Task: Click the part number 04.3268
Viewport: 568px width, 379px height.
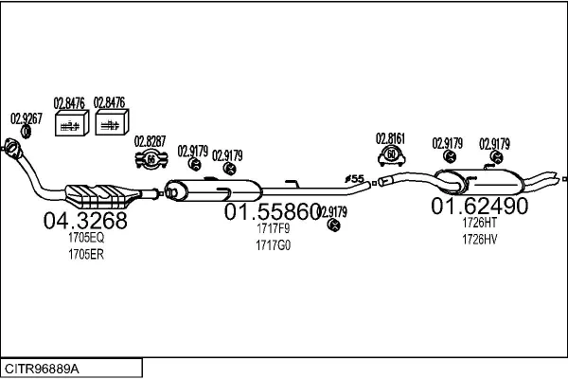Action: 85,222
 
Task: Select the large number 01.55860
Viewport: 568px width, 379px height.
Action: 273,212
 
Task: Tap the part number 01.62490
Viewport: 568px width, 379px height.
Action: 480,206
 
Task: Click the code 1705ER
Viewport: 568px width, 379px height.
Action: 85,254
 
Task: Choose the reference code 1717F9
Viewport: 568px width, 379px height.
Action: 273,228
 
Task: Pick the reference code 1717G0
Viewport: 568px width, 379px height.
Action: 273,245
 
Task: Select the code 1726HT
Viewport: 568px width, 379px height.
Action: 479,222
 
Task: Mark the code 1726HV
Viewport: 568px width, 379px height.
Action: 479,239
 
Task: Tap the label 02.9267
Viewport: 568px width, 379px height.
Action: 26,118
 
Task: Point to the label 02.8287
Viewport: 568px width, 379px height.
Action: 150,141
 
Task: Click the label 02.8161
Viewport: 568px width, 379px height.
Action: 390,137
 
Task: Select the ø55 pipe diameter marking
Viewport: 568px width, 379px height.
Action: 354,177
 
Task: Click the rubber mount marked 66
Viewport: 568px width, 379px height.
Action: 150,158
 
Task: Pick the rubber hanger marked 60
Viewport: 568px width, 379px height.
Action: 390,154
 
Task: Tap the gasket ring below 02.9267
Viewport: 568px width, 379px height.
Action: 26,131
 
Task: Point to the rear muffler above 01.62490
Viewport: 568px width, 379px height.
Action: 492,178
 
